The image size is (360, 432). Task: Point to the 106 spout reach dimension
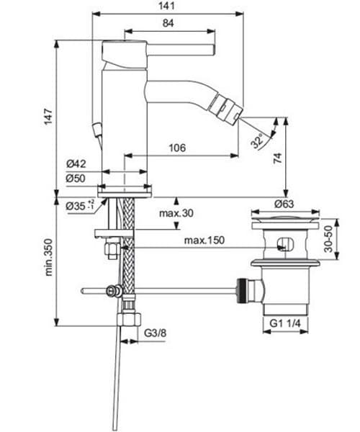[176, 148]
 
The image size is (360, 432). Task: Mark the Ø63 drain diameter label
[283, 204]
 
